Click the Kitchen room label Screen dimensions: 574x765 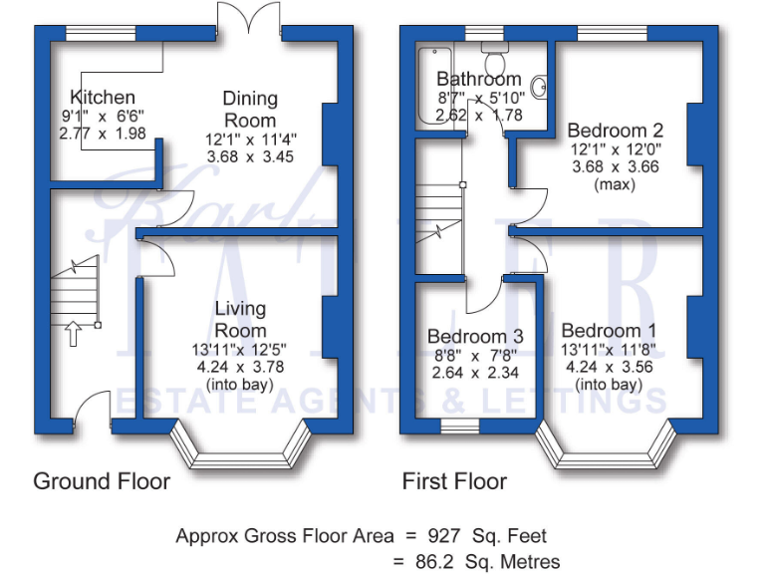103,97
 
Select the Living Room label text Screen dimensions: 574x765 241,319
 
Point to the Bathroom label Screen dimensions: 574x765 478,79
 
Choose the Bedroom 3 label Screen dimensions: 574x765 475,336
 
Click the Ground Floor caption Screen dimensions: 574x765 102,481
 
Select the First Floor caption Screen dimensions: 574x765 454,481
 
